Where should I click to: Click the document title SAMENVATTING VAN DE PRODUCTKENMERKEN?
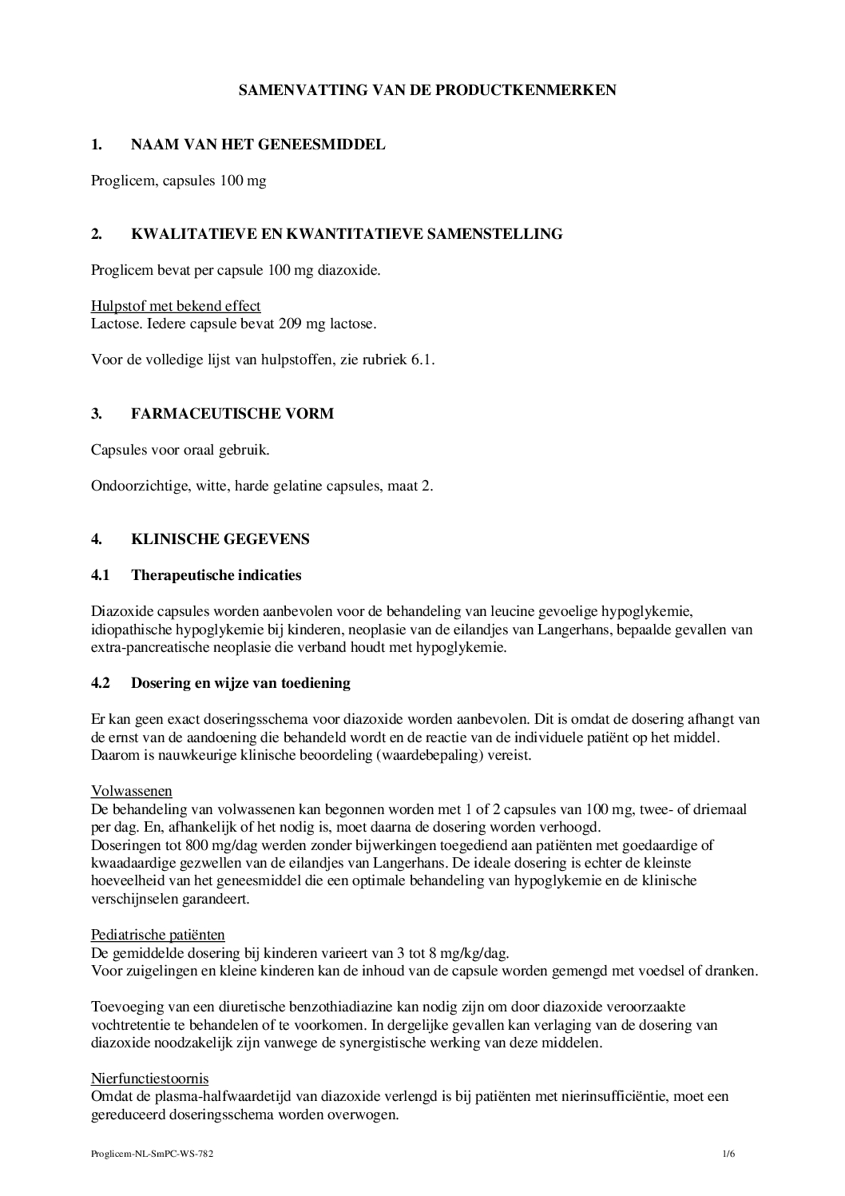pyautogui.click(x=427, y=90)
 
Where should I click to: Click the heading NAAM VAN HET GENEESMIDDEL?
pyautogui.click(x=257, y=145)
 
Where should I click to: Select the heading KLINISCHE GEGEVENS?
pyautogui.click(x=220, y=538)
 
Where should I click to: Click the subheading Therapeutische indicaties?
pyautogui.click(x=216, y=574)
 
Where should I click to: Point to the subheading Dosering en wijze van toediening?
pyautogui.click(x=240, y=683)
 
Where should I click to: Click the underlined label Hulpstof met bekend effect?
pyautogui.click(x=176, y=306)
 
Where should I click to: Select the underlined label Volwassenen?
pyautogui.click(x=132, y=791)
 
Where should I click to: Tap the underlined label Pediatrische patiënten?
pyautogui.click(x=158, y=935)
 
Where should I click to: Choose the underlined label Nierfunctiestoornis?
pyautogui.click(x=150, y=1079)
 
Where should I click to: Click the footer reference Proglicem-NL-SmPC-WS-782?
pyautogui.click(x=152, y=1154)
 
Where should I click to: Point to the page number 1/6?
pyautogui.click(x=728, y=1154)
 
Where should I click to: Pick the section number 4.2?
pyautogui.click(x=101, y=683)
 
